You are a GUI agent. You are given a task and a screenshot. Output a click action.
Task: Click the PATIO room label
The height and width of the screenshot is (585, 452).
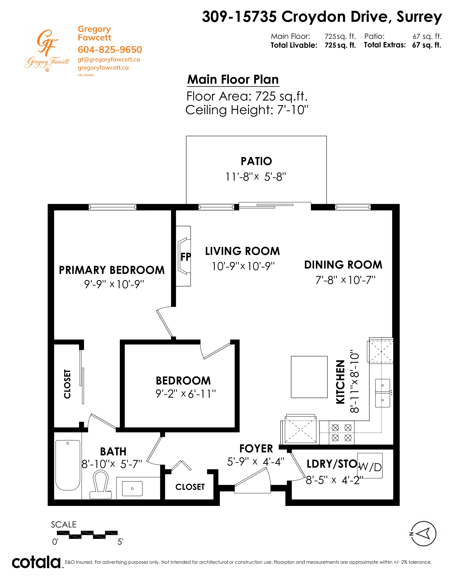(256, 161)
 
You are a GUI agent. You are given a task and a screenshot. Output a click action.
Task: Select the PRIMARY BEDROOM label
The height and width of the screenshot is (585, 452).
(112, 270)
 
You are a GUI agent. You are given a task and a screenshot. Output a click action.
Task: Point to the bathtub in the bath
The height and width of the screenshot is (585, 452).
(68, 465)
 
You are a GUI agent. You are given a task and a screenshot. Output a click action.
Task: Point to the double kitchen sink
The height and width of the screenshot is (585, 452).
(383, 393)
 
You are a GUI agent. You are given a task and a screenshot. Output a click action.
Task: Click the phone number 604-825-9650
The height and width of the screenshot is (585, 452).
(110, 50)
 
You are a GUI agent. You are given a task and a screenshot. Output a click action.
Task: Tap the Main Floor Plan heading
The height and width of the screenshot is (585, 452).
(233, 80)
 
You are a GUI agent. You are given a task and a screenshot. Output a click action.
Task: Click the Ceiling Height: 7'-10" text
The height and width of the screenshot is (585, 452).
(247, 110)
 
